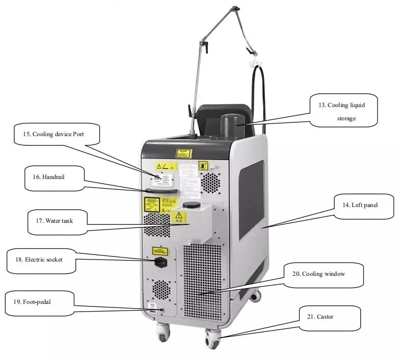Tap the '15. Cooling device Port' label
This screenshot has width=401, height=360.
pos(56,135)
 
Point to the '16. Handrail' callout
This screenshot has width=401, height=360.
pos(54,178)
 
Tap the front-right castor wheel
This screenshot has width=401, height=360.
pos(212,338)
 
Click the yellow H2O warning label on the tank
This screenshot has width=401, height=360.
pos(179,219)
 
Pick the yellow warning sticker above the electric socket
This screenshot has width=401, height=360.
pos(160,251)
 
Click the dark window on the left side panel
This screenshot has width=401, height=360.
pos(252,199)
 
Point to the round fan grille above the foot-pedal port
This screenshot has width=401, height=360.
pos(161,289)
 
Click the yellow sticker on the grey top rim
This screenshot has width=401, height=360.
pos(183,153)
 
